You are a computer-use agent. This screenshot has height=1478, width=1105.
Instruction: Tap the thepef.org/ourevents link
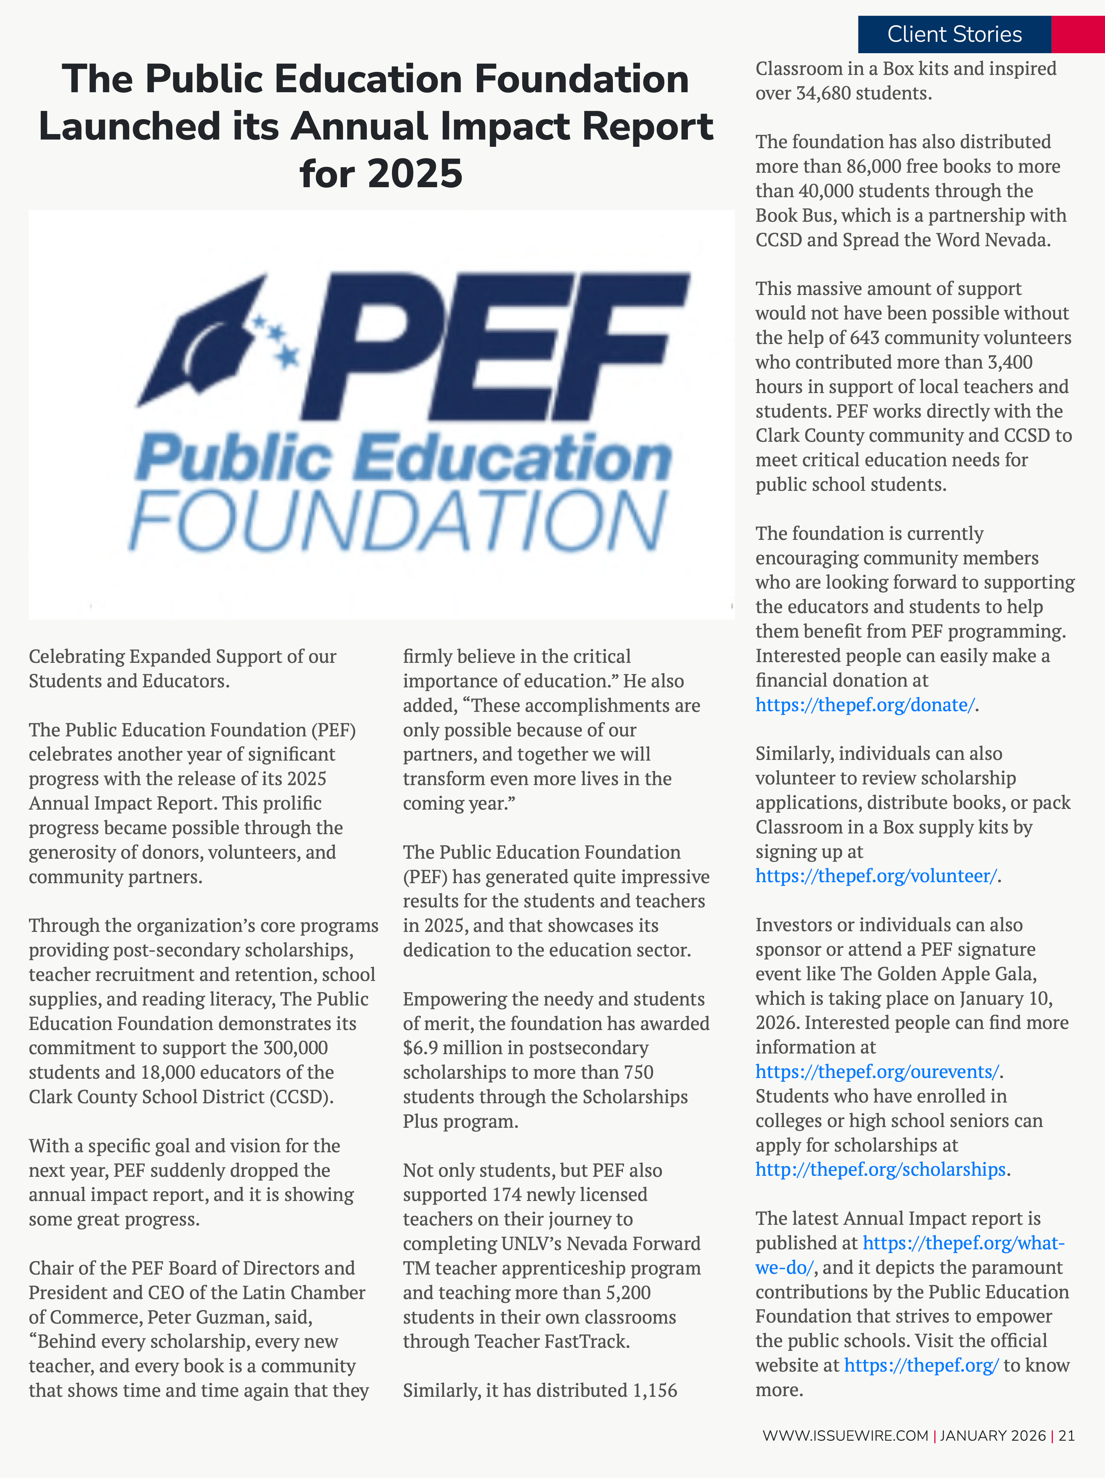coord(877,1072)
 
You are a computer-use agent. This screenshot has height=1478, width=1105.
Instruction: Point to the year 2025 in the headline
coord(414,174)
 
